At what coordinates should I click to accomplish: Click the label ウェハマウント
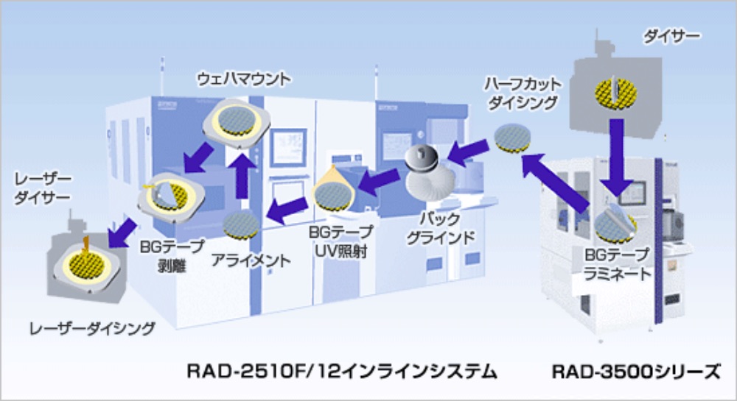point(244,79)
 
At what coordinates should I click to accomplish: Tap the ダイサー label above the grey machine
point(671,36)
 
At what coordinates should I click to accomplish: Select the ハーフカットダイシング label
point(523,93)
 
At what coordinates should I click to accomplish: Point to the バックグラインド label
point(440,228)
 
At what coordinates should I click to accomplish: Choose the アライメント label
point(251,260)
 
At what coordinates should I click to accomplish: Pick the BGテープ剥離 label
point(172,255)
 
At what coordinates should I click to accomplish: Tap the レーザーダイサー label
point(42,188)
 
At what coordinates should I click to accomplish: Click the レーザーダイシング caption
point(92,328)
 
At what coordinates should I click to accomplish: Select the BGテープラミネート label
point(617,264)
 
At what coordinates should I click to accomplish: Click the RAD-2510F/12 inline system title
point(342,372)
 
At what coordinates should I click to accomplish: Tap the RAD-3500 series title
point(635,372)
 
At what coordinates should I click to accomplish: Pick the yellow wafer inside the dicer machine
point(615,93)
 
